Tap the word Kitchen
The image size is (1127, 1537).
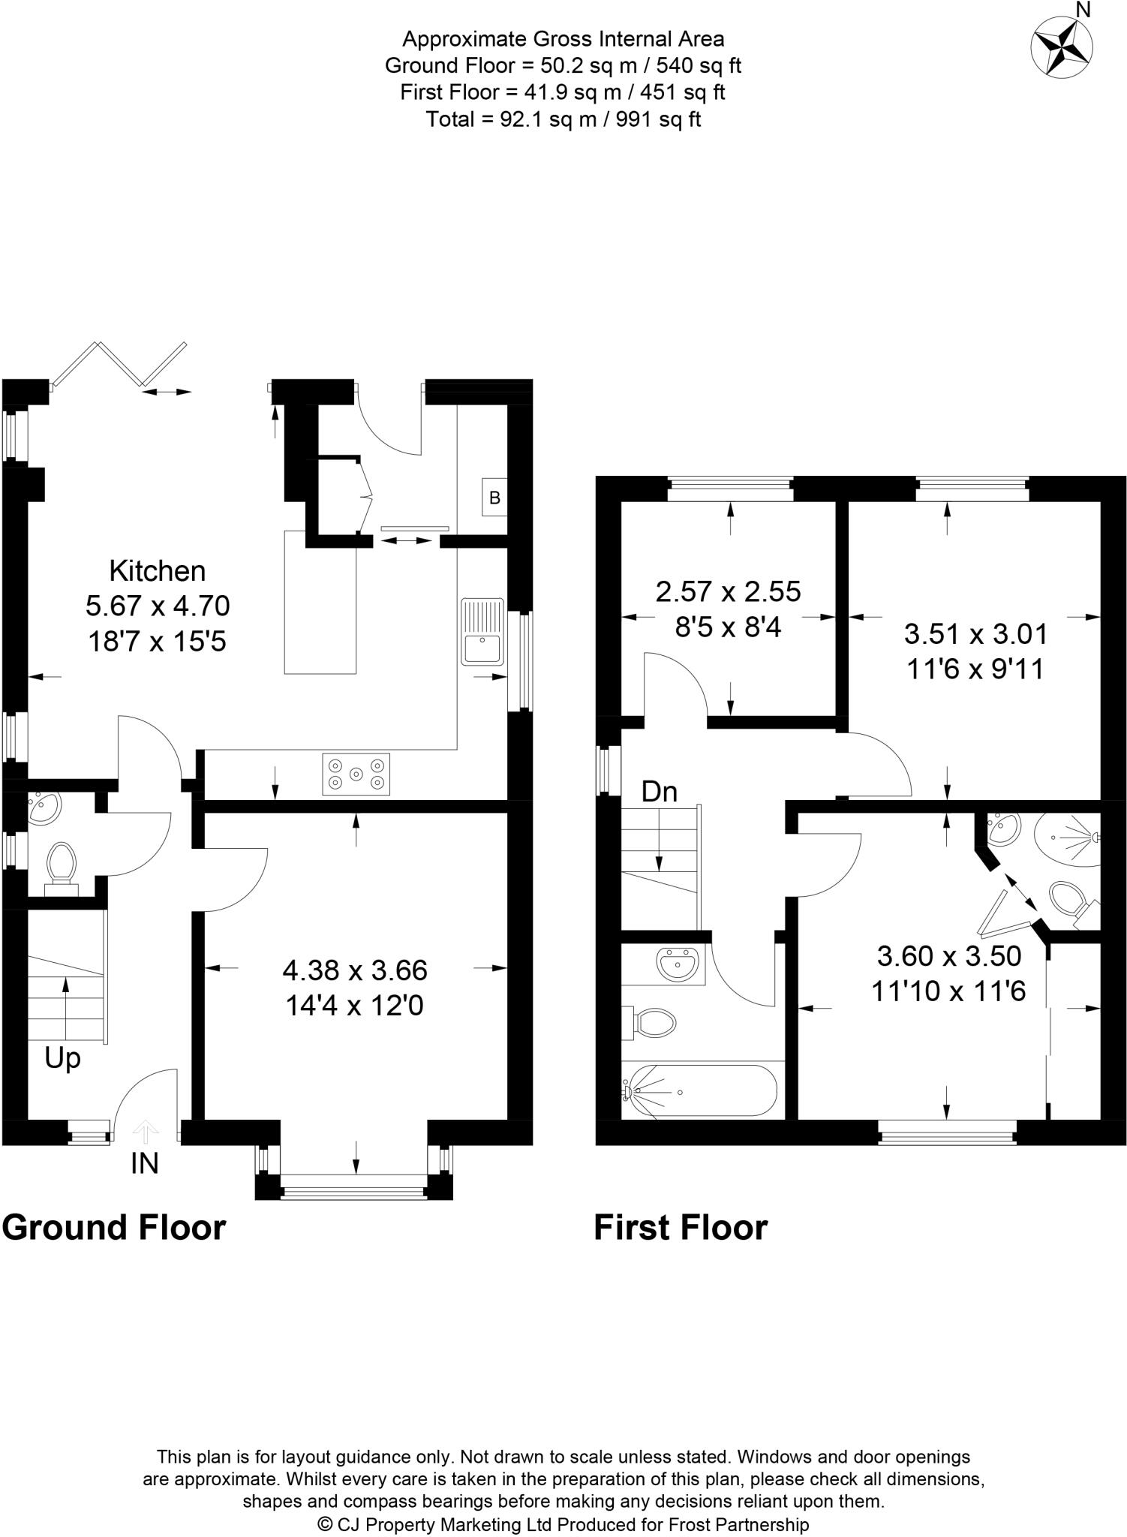point(158,571)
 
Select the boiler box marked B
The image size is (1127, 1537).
point(494,497)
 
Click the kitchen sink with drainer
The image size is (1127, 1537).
point(482,631)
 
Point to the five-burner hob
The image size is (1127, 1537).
point(356,774)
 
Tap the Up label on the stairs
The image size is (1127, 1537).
point(62,1058)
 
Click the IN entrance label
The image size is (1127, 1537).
point(145,1163)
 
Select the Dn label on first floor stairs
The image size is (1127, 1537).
point(659,792)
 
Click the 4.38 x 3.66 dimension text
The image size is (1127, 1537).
point(355,970)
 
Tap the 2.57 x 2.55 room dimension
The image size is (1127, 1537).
point(729,591)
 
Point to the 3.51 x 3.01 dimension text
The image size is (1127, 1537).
point(975,634)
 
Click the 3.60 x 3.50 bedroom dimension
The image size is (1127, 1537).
point(949,956)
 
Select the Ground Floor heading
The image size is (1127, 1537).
point(114,1228)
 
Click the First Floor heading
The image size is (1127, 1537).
point(681,1228)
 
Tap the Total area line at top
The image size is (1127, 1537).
point(563,119)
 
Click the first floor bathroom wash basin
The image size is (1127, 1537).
point(678,964)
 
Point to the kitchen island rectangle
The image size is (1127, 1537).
point(320,601)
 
